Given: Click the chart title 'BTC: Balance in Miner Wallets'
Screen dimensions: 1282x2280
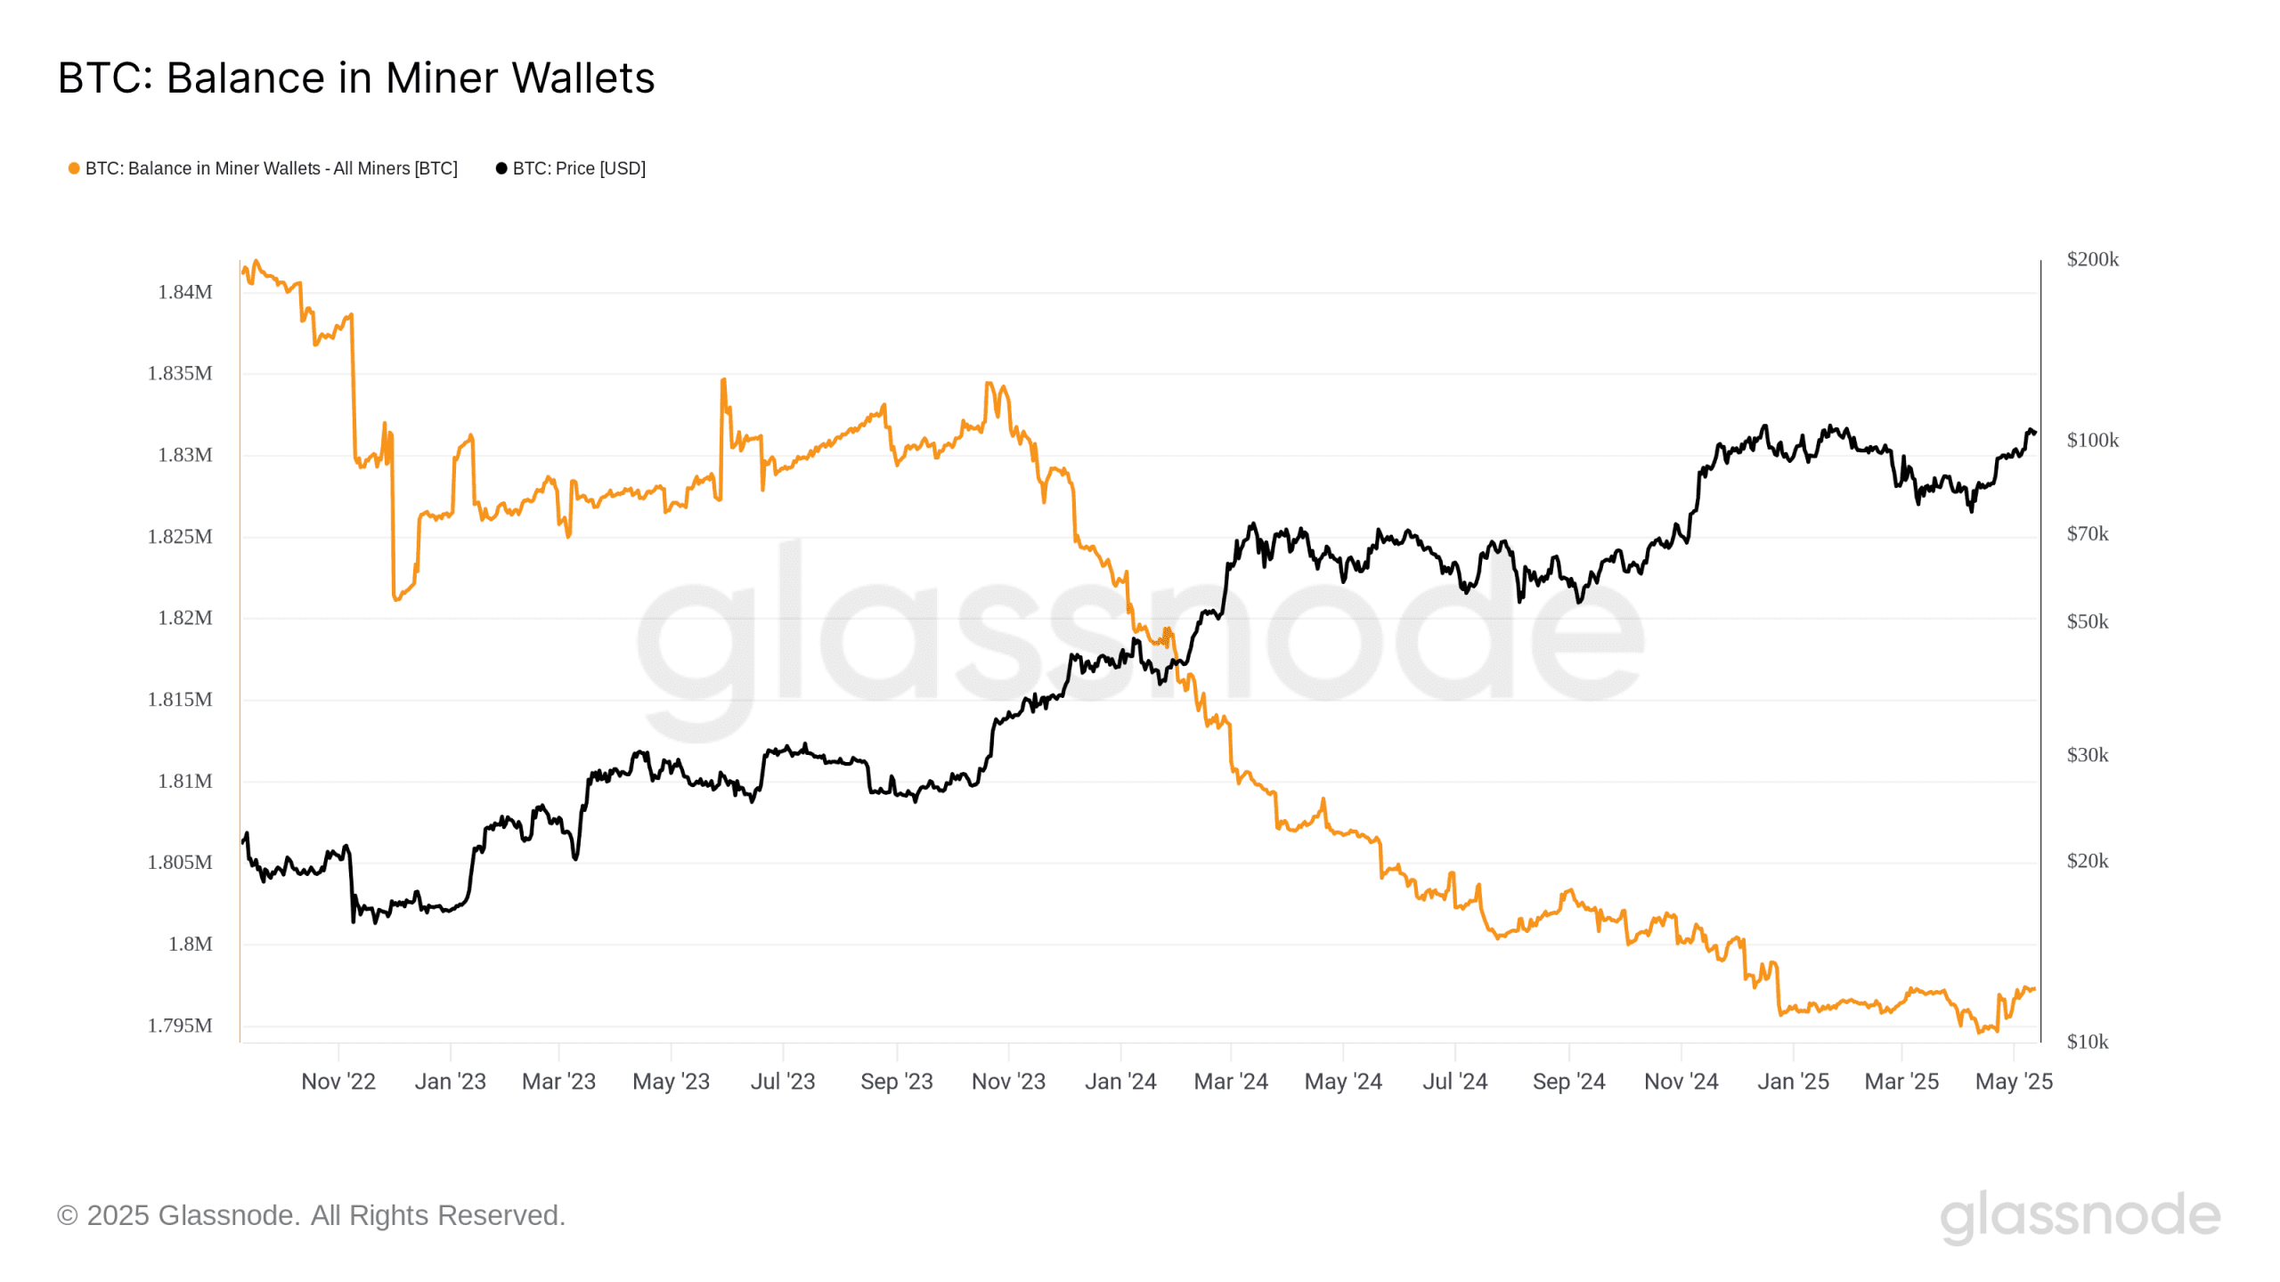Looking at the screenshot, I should [356, 78].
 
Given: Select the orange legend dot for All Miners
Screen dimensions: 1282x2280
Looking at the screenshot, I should [74, 168].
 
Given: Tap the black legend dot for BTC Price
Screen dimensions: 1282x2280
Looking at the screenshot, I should [501, 168].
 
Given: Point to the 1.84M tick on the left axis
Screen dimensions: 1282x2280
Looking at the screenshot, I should [185, 292].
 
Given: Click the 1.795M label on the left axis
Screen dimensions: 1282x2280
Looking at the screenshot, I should [180, 1026].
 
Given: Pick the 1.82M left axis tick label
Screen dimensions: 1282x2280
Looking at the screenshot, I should [185, 618].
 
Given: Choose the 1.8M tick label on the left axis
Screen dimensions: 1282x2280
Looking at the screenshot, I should [191, 944].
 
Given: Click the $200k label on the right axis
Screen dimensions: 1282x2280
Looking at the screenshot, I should [2092, 259].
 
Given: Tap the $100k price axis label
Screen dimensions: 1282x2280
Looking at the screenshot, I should [2092, 440].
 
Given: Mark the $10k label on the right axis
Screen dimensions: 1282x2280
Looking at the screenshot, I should [2087, 1042].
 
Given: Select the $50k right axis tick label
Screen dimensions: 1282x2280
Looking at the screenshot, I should [2087, 621].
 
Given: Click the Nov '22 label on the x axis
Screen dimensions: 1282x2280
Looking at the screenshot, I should [338, 1082].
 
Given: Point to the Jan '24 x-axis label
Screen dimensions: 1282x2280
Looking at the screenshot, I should [1120, 1082].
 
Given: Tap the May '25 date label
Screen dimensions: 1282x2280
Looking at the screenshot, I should [2014, 1082].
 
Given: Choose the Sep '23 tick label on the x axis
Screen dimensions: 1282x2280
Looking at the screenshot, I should [896, 1082].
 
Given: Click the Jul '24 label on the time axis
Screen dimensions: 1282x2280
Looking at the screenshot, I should [1454, 1082].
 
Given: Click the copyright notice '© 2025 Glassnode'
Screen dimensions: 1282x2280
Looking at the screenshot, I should [311, 1215].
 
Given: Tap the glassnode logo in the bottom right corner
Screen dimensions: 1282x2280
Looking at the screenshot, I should [2080, 1216].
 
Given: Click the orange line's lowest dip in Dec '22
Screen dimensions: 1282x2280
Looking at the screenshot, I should [395, 599].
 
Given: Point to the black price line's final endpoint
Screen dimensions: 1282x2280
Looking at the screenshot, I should [2035, 434].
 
